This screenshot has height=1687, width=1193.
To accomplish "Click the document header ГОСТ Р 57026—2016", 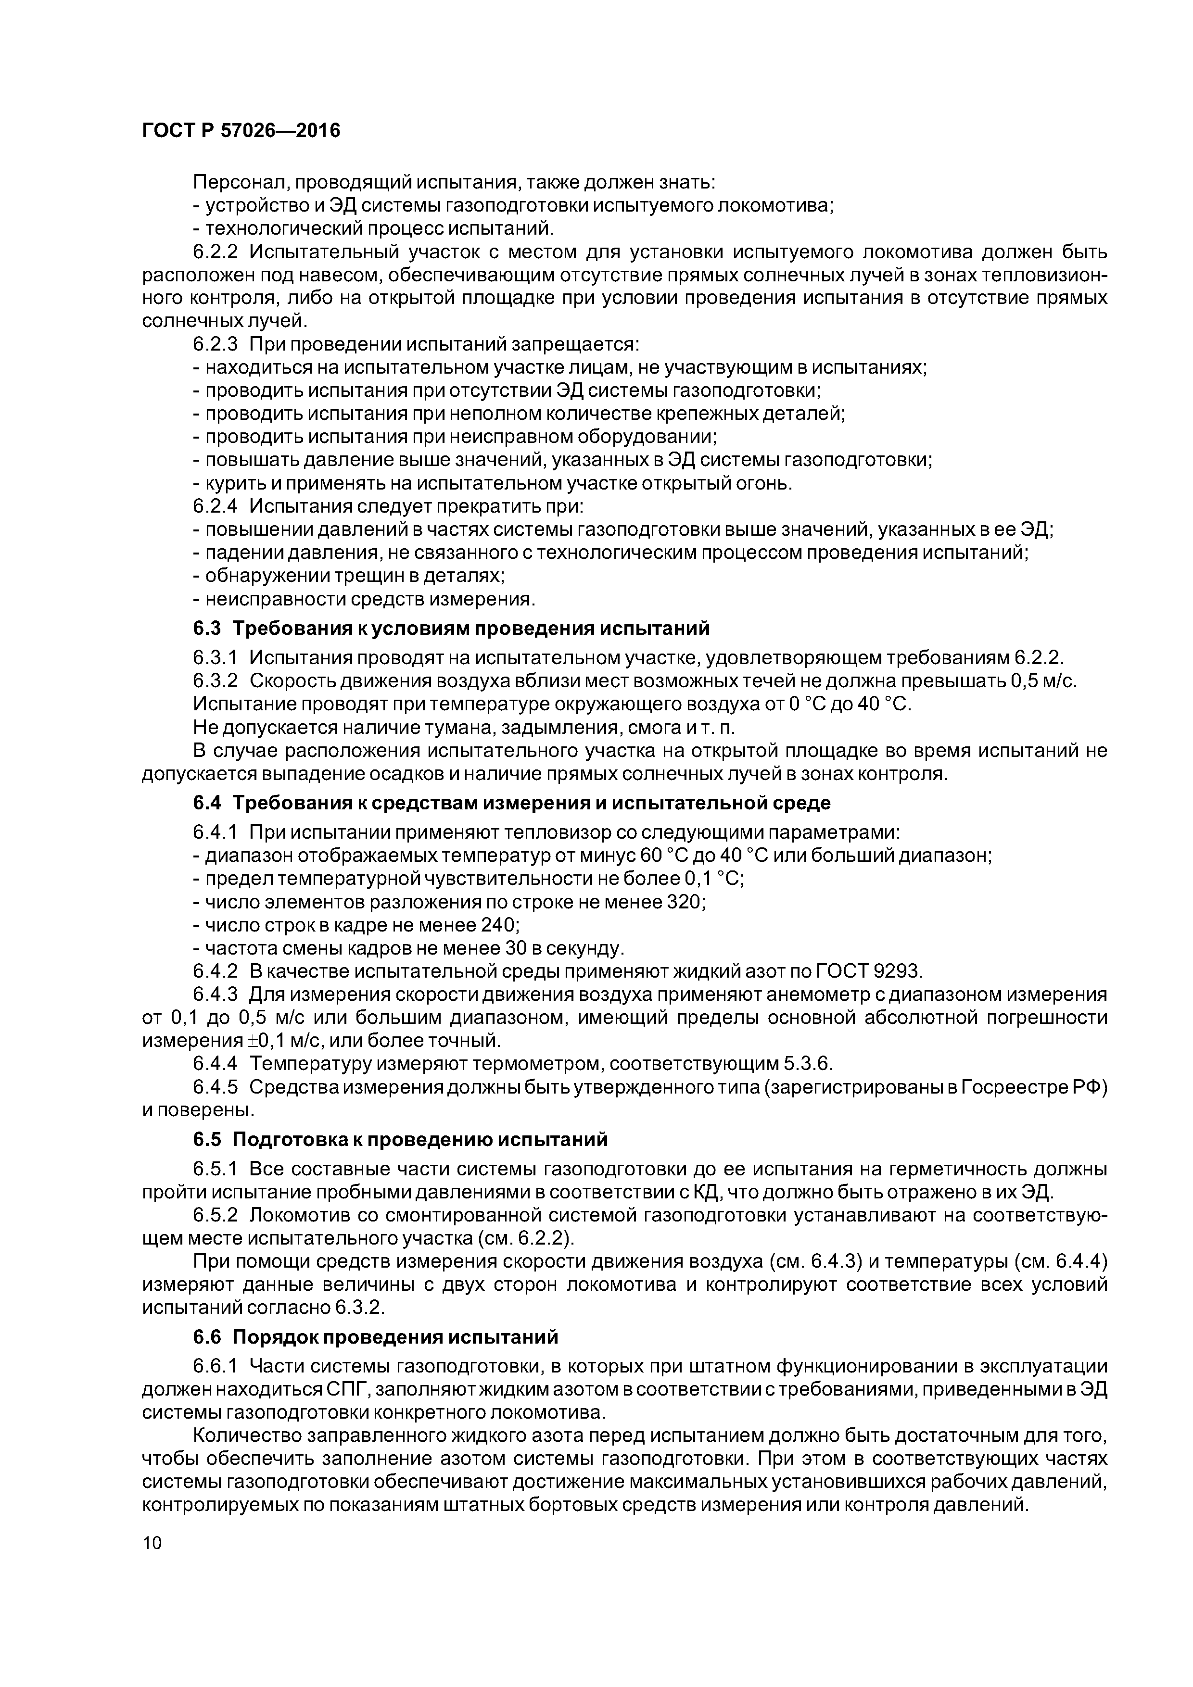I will click(x=241, y=131).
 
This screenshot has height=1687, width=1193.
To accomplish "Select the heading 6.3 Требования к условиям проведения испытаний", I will click(x=451, y=628).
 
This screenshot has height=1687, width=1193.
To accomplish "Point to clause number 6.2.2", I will click(x=216, y=252).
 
